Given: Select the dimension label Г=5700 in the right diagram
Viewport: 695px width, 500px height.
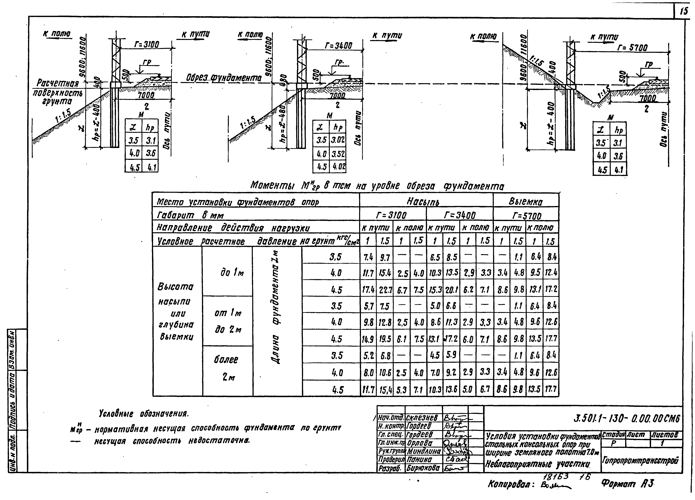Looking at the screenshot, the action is point(632,48).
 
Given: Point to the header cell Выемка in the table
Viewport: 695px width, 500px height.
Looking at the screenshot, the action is point(526,201).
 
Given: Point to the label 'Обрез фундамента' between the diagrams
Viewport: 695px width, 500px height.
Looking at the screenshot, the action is point(224,78).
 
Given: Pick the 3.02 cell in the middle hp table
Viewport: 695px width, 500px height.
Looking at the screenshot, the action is point(338,140).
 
